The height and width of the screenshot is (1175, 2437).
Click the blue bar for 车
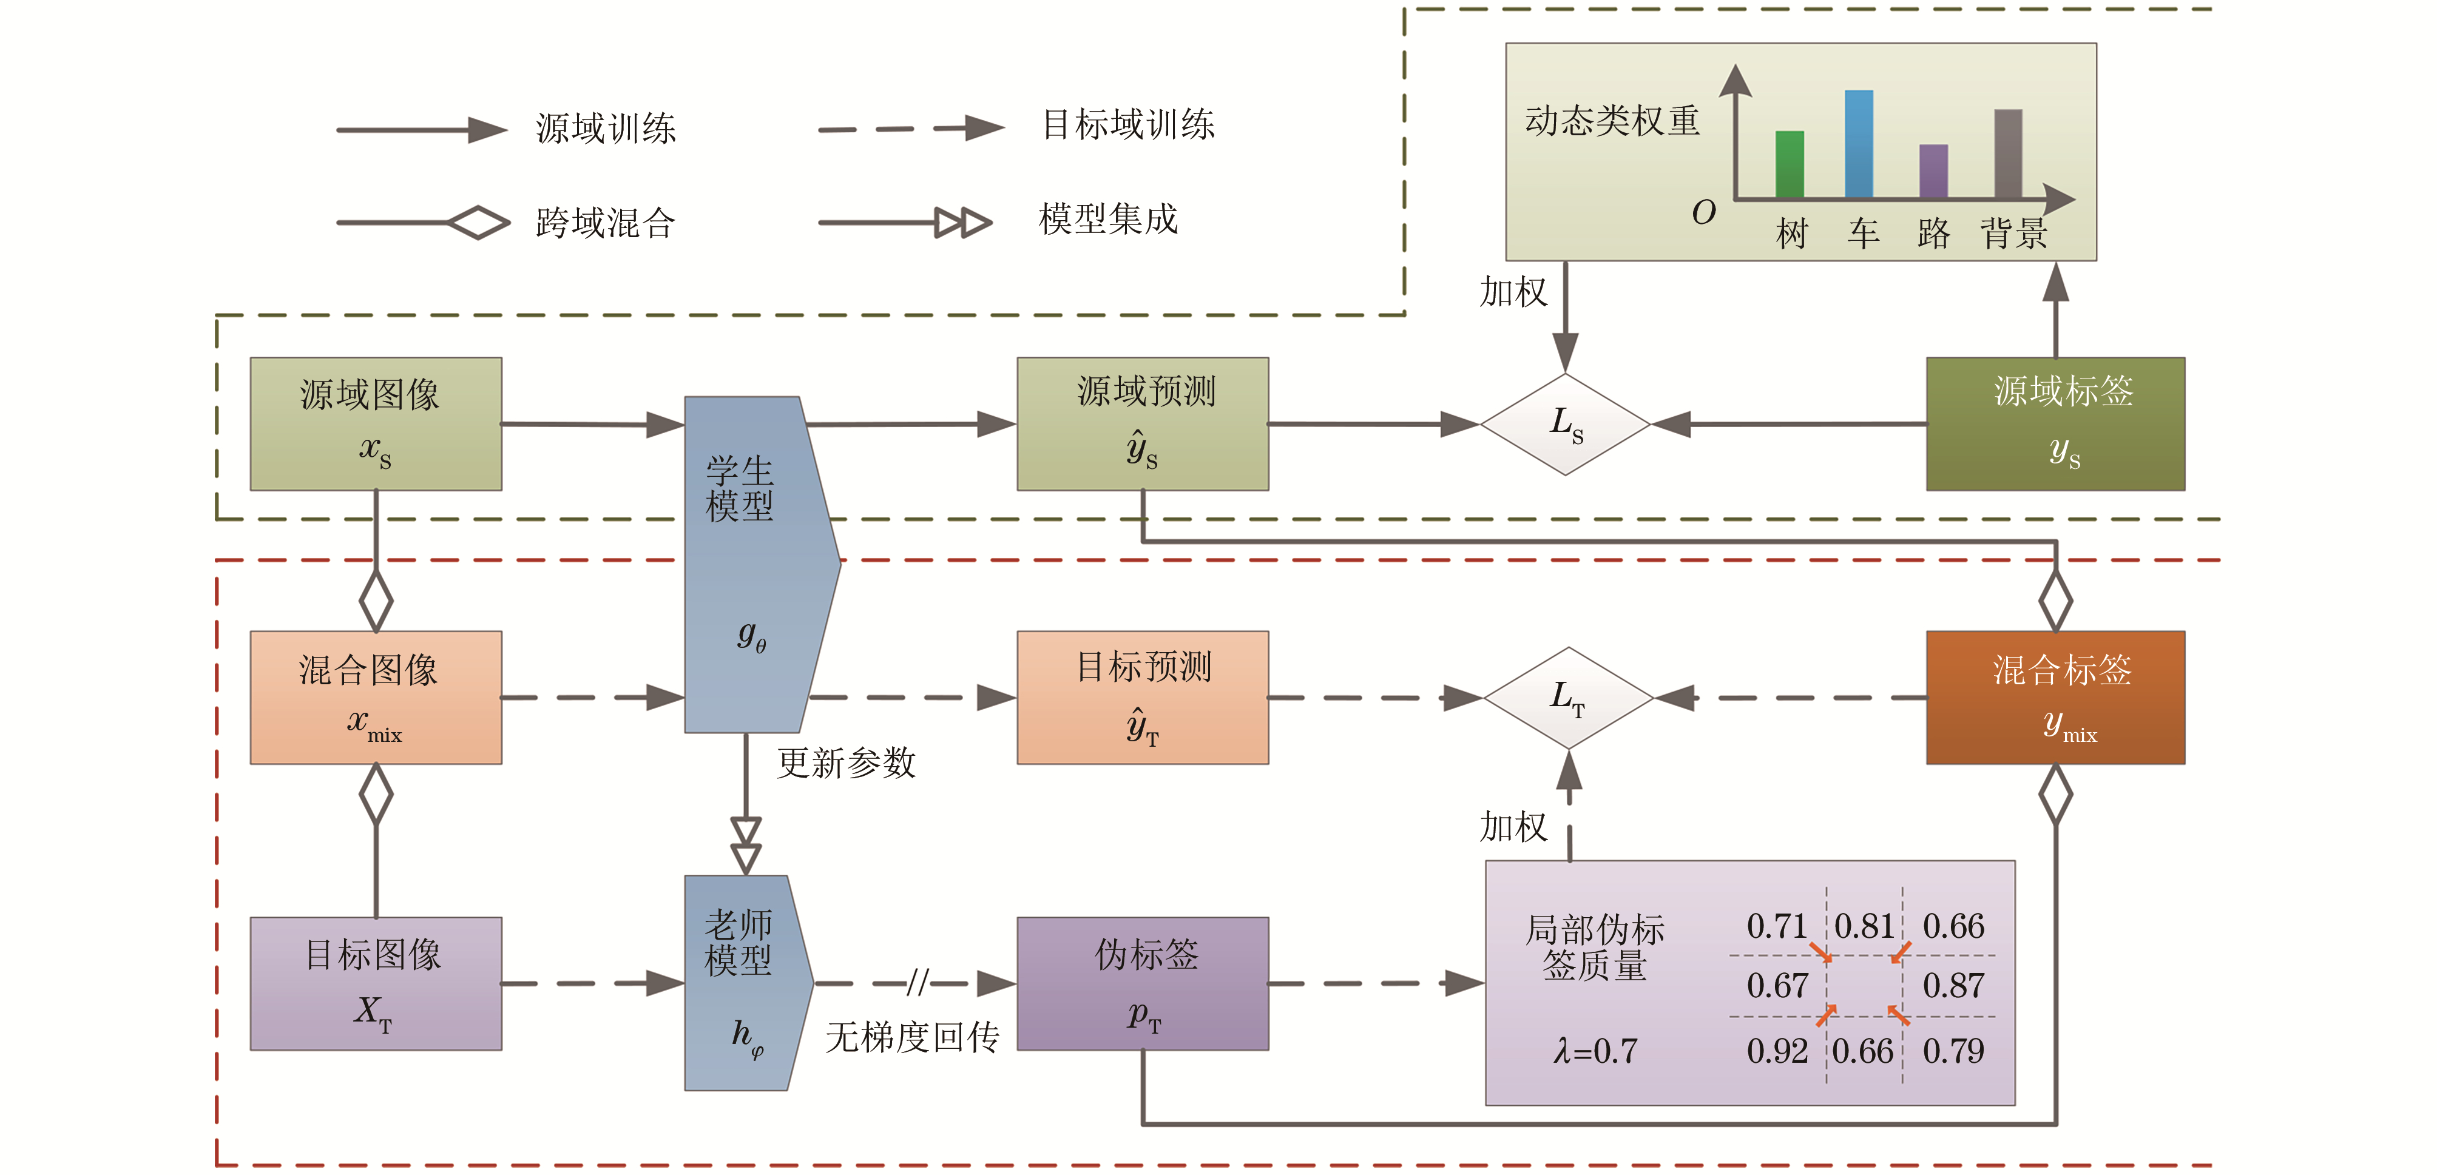(1858, 144)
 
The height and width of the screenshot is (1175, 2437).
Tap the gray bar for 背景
(2007, 153)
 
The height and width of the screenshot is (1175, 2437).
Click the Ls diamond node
(1566, 424)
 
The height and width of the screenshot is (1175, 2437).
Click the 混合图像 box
(376, 697)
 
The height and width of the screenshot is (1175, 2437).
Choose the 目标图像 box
(376, 983)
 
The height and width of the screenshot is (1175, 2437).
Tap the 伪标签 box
(1142, 983)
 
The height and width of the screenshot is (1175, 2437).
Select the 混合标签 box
(2055, 697)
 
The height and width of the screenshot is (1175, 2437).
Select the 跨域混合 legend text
(606, 223)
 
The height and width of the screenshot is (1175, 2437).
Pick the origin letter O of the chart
(1703, 212)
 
